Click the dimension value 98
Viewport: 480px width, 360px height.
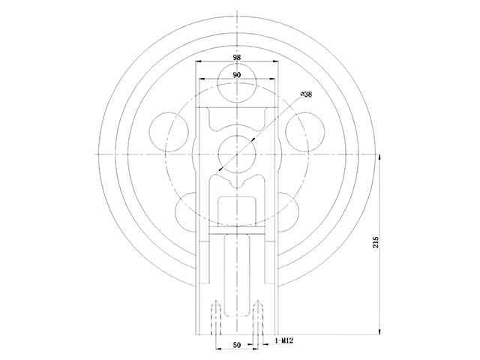237,57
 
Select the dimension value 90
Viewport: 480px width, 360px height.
237,75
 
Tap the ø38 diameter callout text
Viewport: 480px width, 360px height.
306,94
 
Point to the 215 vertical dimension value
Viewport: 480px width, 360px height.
376,242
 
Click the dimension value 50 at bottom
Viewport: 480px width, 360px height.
237,345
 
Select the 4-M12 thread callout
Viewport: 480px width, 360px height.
284,340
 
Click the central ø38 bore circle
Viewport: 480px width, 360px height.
237,154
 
